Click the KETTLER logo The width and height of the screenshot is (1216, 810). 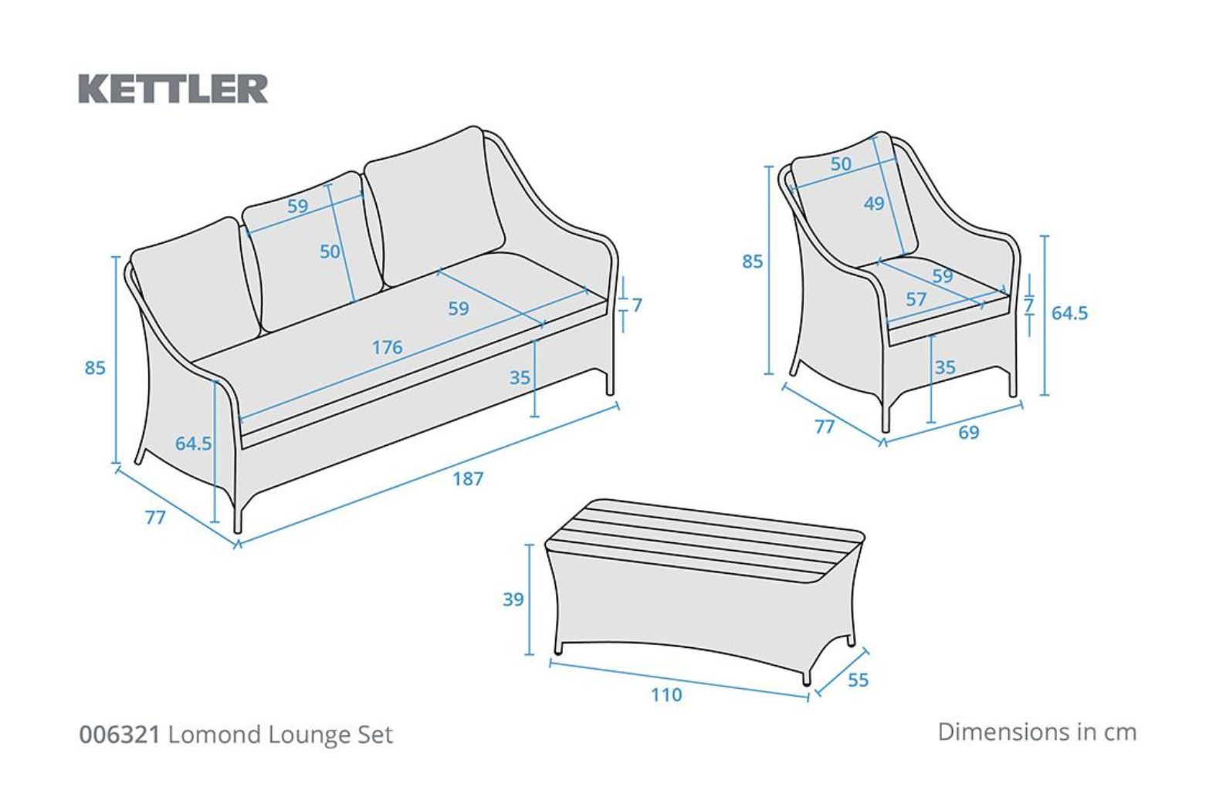pyautogui.click(x=173, y=89)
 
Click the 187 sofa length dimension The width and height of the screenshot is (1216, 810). pyautogui.click(x=468, y=478)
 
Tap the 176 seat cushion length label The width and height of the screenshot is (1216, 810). pyautogui.click(x=387, y=347)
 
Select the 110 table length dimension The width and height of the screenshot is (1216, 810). pyautogui.click(x=666, y=694)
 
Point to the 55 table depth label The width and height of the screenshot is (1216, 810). pyautogui.click(x=858, y=680)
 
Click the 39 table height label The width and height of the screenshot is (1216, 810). pyautogui.click(x=513, y=599)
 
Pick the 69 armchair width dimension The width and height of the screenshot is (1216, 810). pyautogui.click(x=969, y=433)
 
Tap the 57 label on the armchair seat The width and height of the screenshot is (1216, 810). pyautogui.click(x=916, y=299)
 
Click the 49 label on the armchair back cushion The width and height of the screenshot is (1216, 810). pyautogui.click(x=874, y=204)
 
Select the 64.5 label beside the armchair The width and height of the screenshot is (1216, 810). pyautogui.click(x=1070, y=313)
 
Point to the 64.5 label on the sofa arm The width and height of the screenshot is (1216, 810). pyautogui.click(x=193, y=444)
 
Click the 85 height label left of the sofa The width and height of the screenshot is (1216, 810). pyautogui.click(x=95, y=368)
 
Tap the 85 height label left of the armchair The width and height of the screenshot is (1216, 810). pyautogui.click(x=753, y=262)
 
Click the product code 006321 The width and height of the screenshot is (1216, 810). pyautogui.click(x=120, y=734)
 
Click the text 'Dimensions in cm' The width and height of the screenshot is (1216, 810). pyautogui.click(x=1038, y=732)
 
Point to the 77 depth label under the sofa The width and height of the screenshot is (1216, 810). pyautogui.click(x=155, y=518)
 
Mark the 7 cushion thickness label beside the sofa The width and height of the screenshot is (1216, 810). pyautogui.click(x=637, y=305)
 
